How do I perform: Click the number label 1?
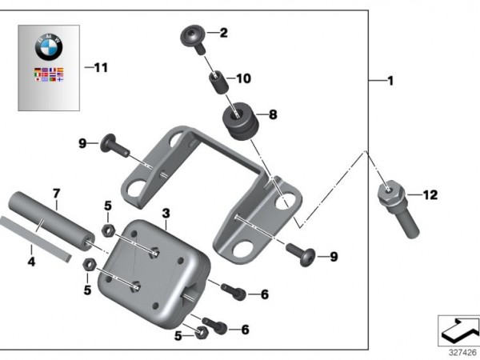click(x=390, y=82)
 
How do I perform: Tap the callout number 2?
click(x=224, y=33)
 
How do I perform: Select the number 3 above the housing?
click(x=166, y=214)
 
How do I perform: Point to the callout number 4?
click(x=31, y=260)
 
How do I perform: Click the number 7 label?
click(x=56, y=194)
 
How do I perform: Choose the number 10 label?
click(x=243, y=78)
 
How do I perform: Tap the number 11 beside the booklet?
click(x=100, y=67)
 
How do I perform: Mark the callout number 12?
click(x=430, y=194)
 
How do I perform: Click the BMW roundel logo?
click(x=49, y=48)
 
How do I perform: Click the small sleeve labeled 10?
click(x=215, y=81)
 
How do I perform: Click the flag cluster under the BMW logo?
click(x=49, y=76)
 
